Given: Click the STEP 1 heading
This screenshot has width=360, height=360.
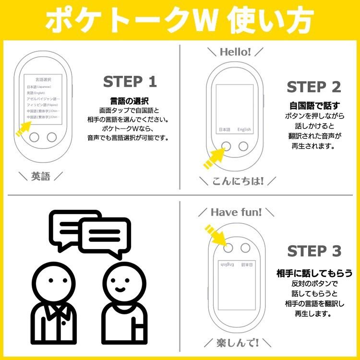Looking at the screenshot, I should coord(130,82).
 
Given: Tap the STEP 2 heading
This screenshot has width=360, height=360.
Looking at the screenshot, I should coord(314,87).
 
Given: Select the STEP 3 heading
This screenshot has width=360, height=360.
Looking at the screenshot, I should coord(314,251).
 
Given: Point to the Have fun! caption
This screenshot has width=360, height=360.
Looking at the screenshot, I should coord(236,212).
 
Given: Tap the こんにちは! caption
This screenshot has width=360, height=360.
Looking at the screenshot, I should coord(238,181).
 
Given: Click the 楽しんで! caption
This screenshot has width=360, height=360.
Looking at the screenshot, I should coord(238,342).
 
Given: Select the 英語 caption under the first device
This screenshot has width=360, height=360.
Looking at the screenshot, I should coord(40,176).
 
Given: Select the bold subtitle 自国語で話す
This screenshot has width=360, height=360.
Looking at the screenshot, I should coord(314,106).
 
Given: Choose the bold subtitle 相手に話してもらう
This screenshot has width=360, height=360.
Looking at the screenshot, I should coord(314,273).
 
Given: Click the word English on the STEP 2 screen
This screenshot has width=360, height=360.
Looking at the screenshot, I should coord(244,130).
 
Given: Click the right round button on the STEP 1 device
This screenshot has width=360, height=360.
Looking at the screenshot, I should coord(51,137).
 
